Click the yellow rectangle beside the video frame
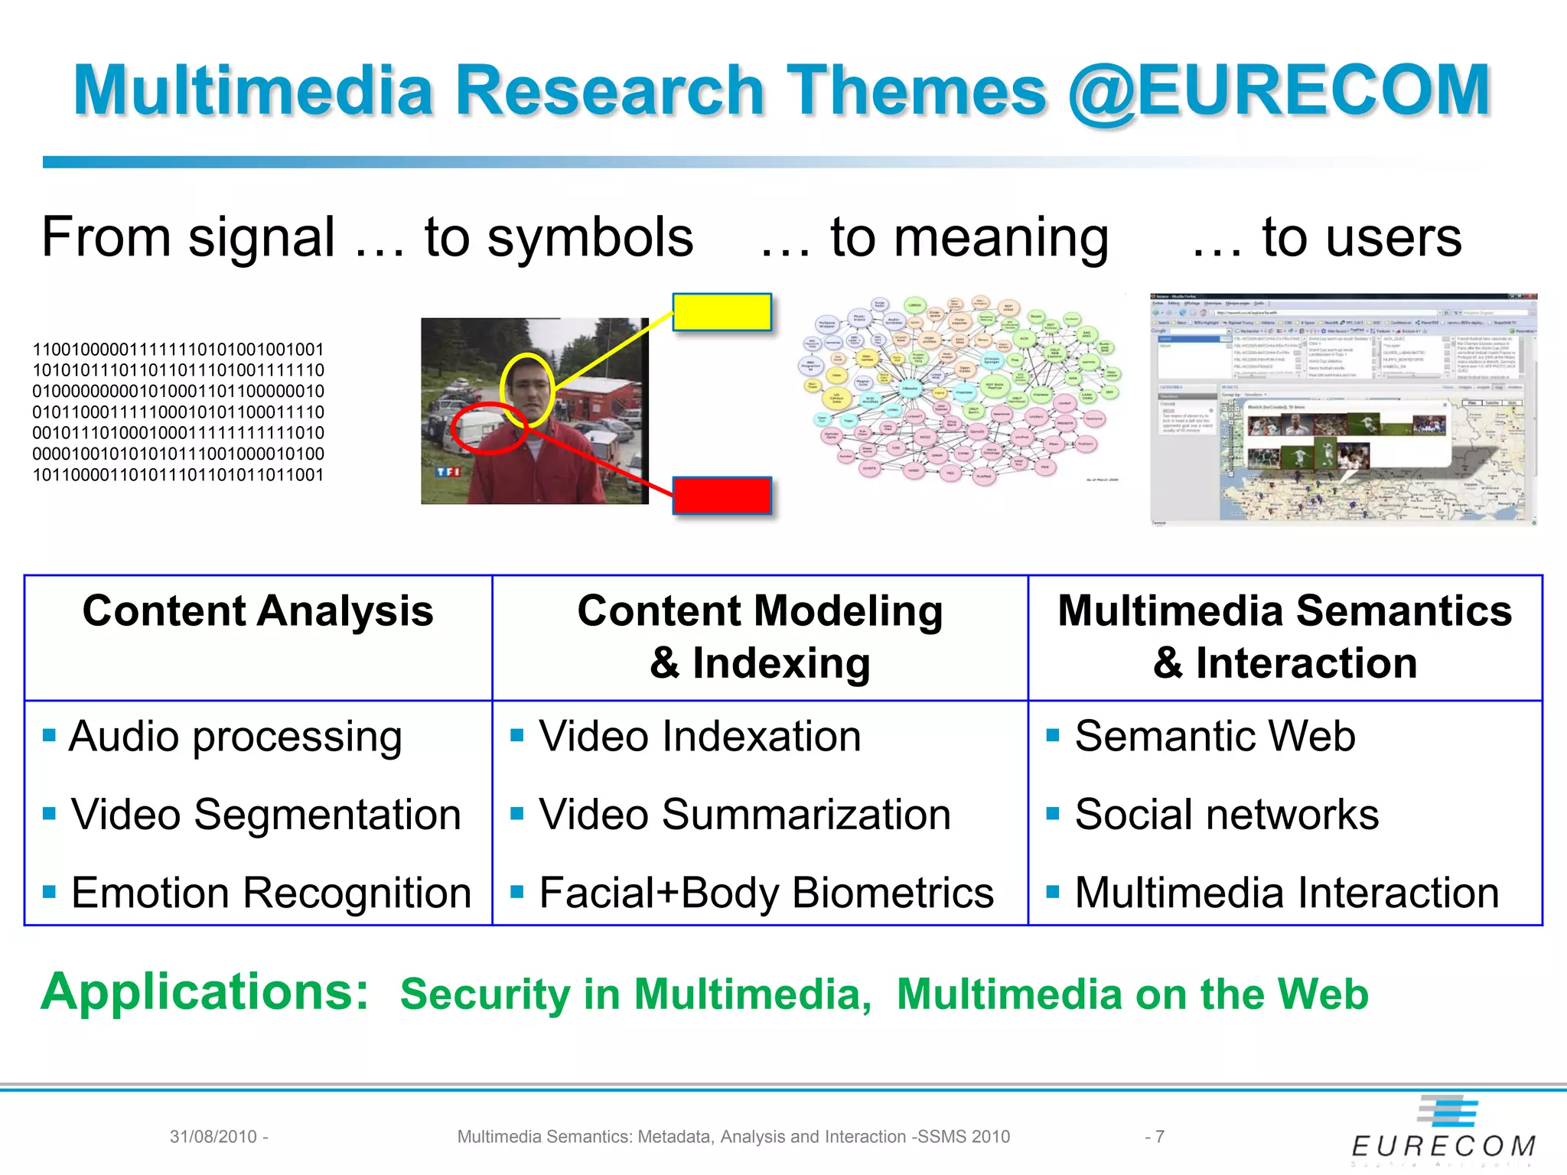[722, 312]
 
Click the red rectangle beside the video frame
[722, 496]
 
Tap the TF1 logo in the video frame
[448, 472]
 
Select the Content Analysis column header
[258, 612]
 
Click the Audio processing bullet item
[235, 737]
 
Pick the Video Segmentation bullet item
[266, 815]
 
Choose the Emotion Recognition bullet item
[271, 893]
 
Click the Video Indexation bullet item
[699, 737]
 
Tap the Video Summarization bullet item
[744, 815]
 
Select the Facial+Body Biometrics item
[766, 893]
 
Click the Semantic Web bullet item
[1215, 737]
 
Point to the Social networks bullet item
[1227, 815]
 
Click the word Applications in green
[205, 992]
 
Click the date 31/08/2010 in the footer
[213, 1137]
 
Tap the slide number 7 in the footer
[1159, 1137]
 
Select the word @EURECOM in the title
[1279, 91]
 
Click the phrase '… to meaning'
[934, 238]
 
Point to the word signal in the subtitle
[261, 238]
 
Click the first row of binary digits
[178, 350]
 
